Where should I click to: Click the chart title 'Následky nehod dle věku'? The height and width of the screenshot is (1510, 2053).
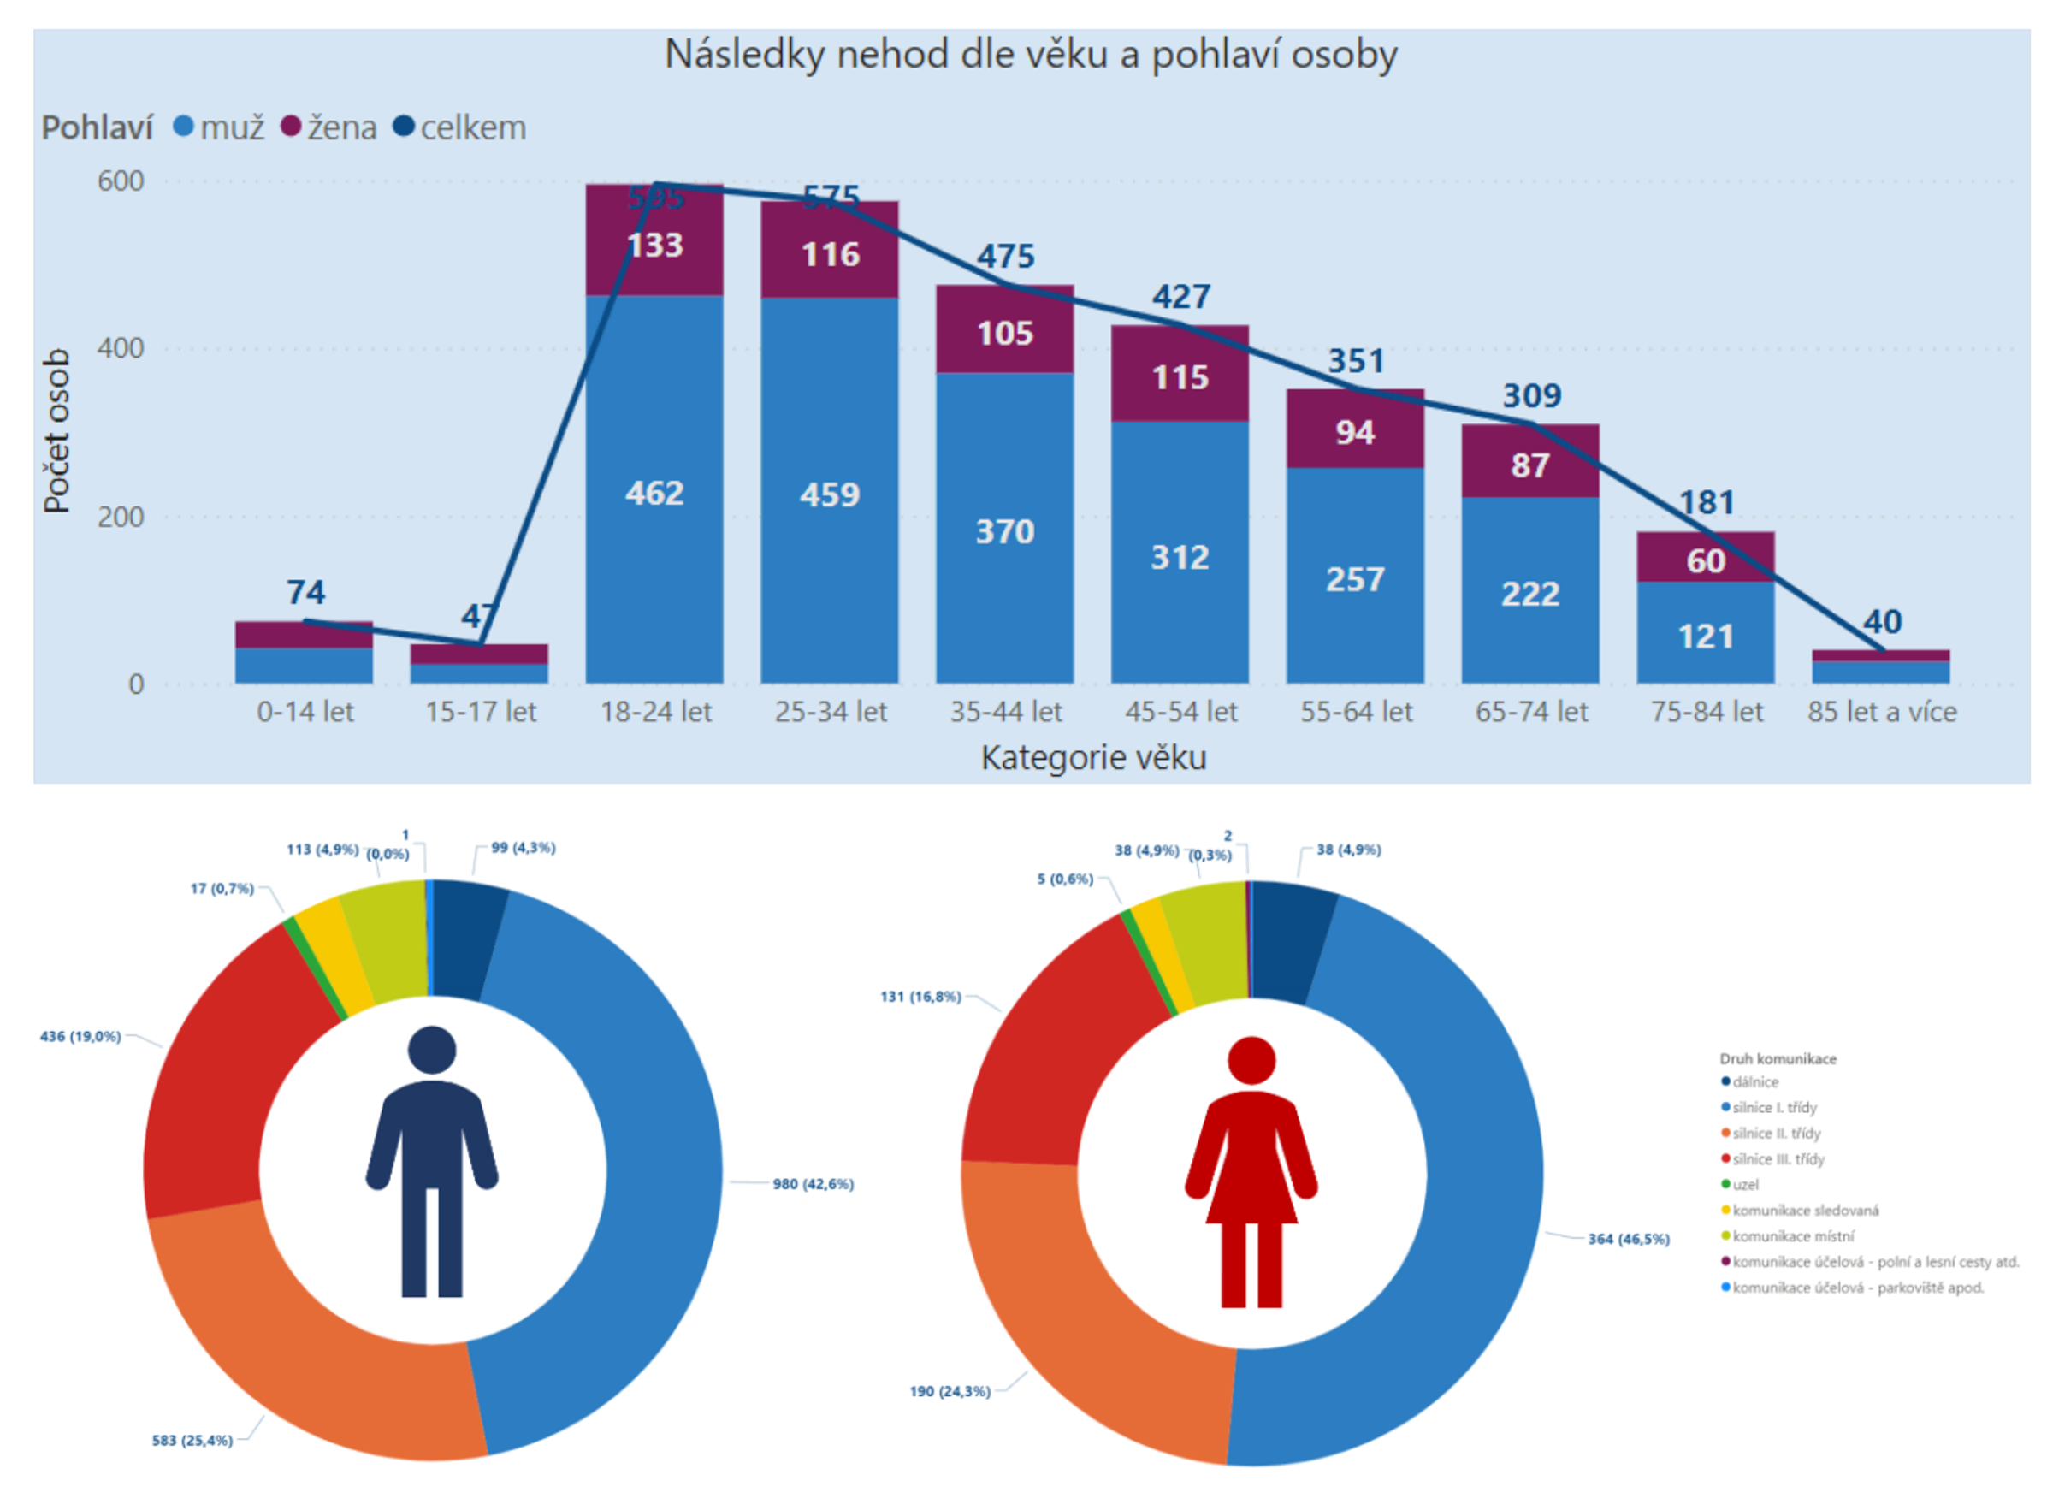(1030, 55)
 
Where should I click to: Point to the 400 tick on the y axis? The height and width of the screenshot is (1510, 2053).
(121, 348)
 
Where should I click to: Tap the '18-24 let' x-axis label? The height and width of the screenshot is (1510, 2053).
(655, 712)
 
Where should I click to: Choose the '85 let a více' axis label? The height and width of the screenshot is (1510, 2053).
(1881, 712)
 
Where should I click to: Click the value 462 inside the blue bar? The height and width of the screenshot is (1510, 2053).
(654, 494)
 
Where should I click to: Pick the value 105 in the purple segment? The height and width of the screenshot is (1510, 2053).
(1004, 334)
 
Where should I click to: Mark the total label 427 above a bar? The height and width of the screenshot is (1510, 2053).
(1180, 297)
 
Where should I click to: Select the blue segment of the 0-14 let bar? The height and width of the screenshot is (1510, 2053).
(304, 666)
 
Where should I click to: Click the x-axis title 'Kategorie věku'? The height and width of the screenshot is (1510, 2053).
(1092, 758)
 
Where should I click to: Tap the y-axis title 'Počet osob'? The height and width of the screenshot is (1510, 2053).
(56, 430)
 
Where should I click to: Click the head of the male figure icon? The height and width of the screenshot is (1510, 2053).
(432, 1050)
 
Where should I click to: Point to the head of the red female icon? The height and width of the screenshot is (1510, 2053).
(1250, 1060)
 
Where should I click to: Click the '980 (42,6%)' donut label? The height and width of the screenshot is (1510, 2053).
(813, 1185)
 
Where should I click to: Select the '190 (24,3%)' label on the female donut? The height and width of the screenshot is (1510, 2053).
(950, 1391)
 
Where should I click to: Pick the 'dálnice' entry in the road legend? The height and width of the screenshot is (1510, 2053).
(1754, 1082)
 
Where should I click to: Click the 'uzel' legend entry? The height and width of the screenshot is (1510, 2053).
(1745, 1185)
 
